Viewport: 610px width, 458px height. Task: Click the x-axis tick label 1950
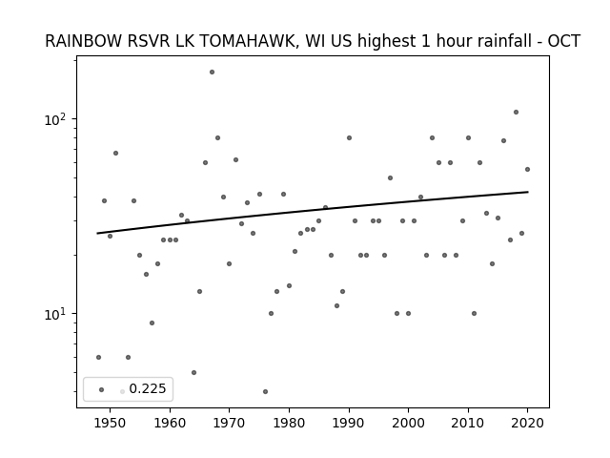tap(111, 423)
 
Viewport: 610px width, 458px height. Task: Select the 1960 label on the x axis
tap(170, 423)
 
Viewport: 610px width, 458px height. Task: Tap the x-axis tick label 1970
tap(229, 423)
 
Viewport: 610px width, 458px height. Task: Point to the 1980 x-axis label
tap(289, 423)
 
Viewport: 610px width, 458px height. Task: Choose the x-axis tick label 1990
tap(349, 423)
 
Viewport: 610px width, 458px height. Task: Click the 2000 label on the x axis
tap(408, 423)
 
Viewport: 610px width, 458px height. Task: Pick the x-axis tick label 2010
tap(468, 423)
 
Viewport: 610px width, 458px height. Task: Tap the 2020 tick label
tap(527, 423)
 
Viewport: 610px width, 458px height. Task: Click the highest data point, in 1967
tap(212, 73)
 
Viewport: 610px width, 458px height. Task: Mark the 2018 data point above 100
tap(516, 113)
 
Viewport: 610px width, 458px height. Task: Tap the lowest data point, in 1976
tap(265, 392)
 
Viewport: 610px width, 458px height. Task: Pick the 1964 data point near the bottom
tap(193, 373)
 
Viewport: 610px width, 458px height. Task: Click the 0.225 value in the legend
tap(148, 388)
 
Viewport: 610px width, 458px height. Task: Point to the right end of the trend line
tap(528, 192)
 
